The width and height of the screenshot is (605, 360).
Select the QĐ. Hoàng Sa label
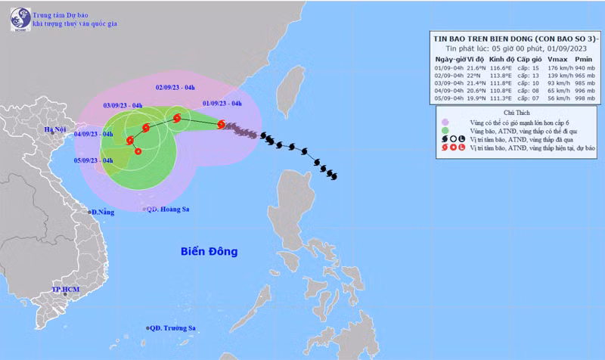click(x=169, y=209)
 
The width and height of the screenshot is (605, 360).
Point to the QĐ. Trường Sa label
click(x=173, y=328)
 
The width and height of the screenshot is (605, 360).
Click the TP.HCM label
click(x=65, y=290)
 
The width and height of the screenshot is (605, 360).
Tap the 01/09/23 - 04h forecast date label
click(x=222, y=104)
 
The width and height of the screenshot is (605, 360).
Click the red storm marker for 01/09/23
click(x=220, y=124)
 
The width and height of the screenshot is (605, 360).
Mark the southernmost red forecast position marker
click(x=138, y=151)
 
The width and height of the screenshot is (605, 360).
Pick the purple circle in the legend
click(x=445, y=121)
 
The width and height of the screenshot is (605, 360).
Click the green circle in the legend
click(x=445, y=131)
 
